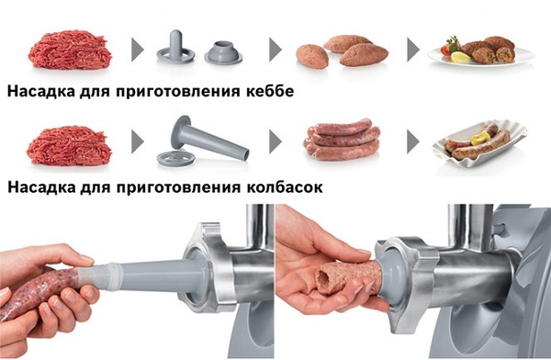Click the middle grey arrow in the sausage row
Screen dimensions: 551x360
(x=275, y=143)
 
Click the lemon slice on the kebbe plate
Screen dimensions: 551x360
(x=458, y=57)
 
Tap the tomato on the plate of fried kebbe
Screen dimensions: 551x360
(x=449, y=45)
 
